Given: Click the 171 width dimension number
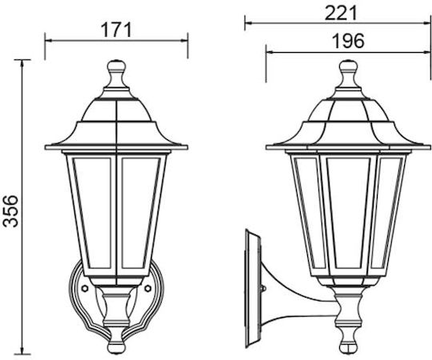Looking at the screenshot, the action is (x=117, y=30).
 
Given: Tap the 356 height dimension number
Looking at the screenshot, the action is (x=10, y=210).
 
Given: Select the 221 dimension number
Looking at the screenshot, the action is (x=341, y=14).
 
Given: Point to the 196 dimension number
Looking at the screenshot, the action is (x=348, y=41).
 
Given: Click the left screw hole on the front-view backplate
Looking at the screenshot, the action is (x=85, y=288).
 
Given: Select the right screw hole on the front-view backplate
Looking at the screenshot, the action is (x=148, y=288).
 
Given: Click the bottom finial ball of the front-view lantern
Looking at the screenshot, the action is (x=116, y=348).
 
